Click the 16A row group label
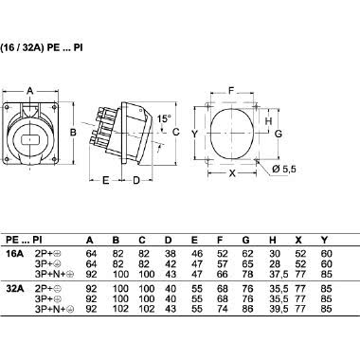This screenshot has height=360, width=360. coord(15,254)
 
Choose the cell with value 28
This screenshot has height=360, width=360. coord(276,262)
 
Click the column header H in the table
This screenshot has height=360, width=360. coord(276,239)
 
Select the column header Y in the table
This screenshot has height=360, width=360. coord(327,239)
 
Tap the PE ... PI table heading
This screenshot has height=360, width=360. coord(24,239)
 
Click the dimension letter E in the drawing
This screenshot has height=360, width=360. coord(105,177)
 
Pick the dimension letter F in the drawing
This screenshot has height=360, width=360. coord(232,93)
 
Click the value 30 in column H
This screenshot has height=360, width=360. coord(276,254)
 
